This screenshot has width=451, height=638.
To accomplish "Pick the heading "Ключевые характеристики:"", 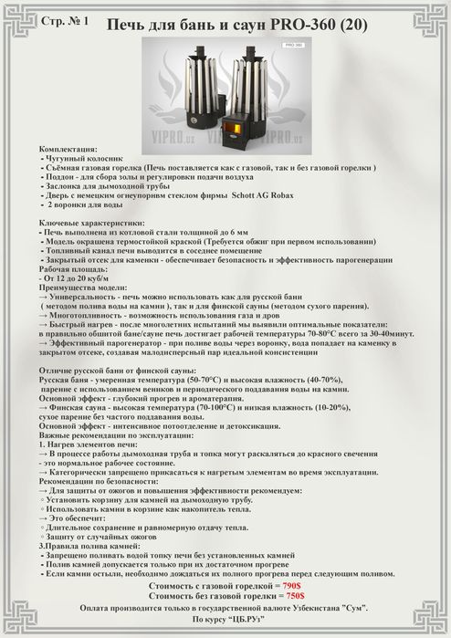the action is [92, 223].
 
